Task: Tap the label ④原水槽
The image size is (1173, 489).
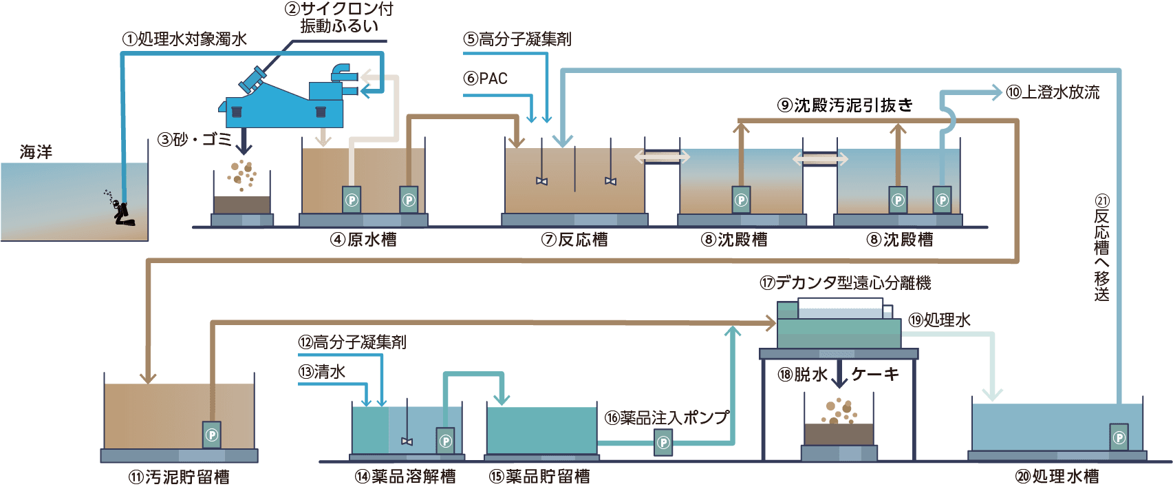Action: point(363,240)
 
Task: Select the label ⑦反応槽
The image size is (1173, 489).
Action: point(574,240)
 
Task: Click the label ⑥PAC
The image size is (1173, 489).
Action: point(486,79)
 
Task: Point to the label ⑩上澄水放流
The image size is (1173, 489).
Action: point(1053,92)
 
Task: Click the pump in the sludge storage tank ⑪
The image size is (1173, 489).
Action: point(212,435)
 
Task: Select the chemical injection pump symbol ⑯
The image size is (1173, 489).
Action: point(663,442)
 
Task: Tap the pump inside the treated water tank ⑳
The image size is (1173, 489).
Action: point(1119,437)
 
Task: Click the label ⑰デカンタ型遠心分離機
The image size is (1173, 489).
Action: point(846,283)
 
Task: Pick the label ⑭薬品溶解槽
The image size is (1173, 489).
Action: point(405,477)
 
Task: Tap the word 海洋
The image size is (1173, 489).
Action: point(36,152)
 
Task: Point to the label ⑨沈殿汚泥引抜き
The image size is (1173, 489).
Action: point(846,105)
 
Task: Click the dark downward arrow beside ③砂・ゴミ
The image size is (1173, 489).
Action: point(244,144)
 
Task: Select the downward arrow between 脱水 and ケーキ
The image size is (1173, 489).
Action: point(839,375)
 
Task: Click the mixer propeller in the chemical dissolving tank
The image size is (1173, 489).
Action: point(407,441)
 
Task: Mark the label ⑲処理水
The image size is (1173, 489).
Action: point(940,320)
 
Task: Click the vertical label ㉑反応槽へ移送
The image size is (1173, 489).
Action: point(1102,248)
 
